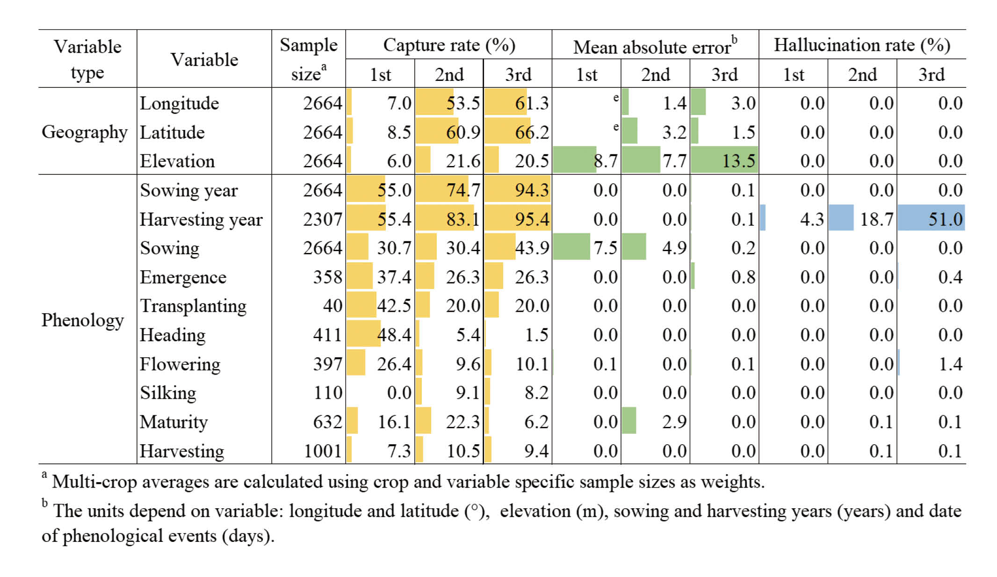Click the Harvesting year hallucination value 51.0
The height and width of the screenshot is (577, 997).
(x=945, y=219)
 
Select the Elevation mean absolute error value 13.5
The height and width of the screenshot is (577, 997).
(x=738, y=161)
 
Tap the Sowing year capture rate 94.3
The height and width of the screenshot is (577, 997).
(x=532, y=190)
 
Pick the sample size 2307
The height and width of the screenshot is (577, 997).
(x=323, y=219)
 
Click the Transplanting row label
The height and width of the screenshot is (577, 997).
(x=193, y=306)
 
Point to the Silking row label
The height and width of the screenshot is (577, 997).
(x=168, y=393)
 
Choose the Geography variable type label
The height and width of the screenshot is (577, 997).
(x=85, y=132)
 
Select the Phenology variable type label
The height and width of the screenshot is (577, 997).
(x=83, y=320)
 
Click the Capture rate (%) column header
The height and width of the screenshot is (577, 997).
(x=449, y=45)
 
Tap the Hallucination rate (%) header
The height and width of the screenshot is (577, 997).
(x=862, y=45)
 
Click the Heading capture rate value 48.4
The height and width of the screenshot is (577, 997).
(x=394, y=335)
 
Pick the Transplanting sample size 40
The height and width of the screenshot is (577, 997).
(x=332, y=306)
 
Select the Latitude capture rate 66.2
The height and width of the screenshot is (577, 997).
(x=532, y=132)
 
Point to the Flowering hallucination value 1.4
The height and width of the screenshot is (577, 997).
(x=950, y=364)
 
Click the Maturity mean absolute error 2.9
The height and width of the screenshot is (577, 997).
(x=674, y=422)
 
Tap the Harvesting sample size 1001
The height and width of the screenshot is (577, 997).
(x=323, y=451)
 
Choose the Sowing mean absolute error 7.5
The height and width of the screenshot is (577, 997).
(x=606, y=248)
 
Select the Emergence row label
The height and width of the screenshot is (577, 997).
(x=183, y=277)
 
